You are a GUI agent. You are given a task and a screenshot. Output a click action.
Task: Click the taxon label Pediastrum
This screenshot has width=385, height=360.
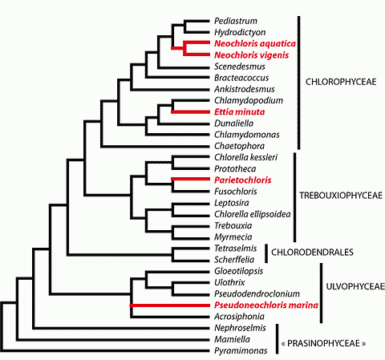point(236,21)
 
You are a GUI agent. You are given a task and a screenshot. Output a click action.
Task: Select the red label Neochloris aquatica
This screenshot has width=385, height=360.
point(255,43)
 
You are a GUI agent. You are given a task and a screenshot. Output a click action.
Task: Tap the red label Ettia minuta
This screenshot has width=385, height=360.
point(239,111)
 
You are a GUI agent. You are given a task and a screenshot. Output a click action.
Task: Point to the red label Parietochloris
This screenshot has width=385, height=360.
point(242,180)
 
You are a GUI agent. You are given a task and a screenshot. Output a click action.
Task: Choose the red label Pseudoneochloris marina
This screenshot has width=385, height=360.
point(266,305)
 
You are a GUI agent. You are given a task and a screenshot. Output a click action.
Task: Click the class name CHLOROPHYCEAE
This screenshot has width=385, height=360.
point(341,82)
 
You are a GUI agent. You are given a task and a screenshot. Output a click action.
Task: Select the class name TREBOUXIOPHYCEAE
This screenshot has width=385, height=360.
point(341,196)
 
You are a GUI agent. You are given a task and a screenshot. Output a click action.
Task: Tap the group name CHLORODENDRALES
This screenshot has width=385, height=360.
point(312,252)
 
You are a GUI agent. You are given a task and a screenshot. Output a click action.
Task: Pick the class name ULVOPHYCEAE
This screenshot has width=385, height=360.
point(355,286)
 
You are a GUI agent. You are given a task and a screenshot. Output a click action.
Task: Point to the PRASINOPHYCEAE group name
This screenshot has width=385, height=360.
point(323,343)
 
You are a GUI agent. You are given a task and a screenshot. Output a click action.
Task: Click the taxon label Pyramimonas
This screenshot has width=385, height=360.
point(241,350)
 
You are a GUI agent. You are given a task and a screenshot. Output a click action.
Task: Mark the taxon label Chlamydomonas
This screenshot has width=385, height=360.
point(247,135)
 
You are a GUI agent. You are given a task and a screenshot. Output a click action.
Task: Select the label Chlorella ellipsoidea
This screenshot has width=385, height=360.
point(252,214)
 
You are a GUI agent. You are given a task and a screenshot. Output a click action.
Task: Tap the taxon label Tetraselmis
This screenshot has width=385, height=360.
point(235,248)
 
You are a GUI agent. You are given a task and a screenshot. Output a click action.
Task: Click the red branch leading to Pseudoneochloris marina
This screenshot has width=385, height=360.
point(170,305)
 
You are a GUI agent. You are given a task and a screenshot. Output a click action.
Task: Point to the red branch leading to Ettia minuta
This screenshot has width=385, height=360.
point(191,111)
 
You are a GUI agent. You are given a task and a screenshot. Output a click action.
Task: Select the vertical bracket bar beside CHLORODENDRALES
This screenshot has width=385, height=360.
point(266,253)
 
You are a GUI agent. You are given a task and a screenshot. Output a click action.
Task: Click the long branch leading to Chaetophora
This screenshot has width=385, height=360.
point(155,146)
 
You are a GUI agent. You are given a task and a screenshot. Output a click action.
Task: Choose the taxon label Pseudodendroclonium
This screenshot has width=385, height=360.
point(257,293)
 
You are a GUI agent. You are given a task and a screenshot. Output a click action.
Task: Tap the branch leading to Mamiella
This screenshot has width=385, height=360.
point(113,340)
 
